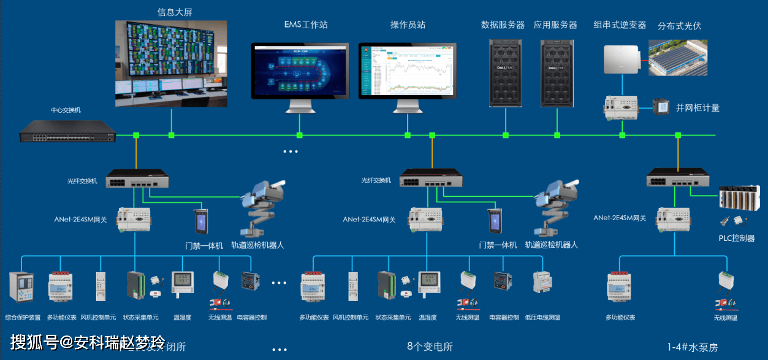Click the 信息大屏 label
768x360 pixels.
click(x=179, y=12)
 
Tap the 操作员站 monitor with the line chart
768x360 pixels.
click(x=408, y=70)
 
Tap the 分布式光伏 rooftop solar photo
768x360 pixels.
click(x=678, y=58)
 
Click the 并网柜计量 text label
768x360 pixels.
click(x=698, y=108)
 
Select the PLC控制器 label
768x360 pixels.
click(x=736, y=238)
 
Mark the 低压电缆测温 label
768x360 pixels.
click(x=542, y=318)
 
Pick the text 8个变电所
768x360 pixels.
click(x=430, y=347)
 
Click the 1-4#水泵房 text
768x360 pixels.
click(x=693, y=347)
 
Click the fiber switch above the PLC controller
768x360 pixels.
click(x=679, y=180)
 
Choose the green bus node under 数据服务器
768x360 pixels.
click(x=506, y=135)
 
